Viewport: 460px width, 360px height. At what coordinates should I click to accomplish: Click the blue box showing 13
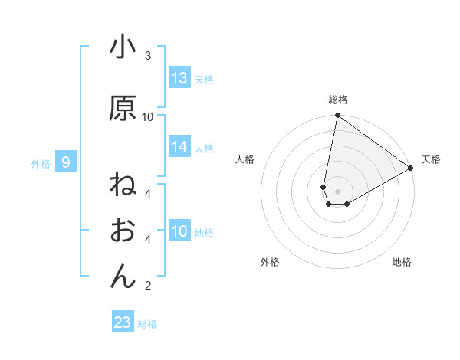click(179, 78)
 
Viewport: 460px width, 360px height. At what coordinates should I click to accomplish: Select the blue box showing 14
click(179, 148)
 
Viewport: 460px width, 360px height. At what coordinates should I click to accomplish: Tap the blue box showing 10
click(179, 232)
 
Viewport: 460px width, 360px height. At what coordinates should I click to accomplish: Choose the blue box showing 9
click(67, 162)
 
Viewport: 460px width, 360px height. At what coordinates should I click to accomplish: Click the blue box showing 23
click(122, 322)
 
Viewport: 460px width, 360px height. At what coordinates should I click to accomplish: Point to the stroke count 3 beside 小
click(147, 56)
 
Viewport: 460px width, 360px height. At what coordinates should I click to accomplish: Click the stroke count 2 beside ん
click(147, 286)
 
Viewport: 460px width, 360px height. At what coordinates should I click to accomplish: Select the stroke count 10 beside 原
click(148, 116)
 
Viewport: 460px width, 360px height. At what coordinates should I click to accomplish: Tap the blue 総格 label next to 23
click(147, 324)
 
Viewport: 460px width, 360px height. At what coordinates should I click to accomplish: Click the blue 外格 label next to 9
click(41, 163)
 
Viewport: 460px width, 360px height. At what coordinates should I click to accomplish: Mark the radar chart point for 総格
click(337, 116)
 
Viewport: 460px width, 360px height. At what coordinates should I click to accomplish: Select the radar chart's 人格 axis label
click(245, 159)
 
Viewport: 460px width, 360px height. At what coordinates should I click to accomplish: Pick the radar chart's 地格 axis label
click(402, 262)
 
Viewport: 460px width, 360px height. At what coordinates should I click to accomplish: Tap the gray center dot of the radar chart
click(337, 191)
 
